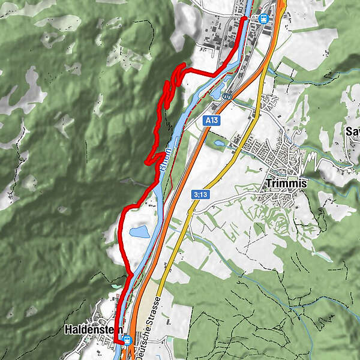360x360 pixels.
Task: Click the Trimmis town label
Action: click(284, 184)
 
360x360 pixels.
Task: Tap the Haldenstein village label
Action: click(94, 329)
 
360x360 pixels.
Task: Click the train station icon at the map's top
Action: click(263, 18)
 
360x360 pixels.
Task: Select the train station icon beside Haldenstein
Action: click(127, 340)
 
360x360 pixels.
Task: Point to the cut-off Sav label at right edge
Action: click(352, 131)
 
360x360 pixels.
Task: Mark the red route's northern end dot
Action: click(244, 19)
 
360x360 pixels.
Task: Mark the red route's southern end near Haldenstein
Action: click(116, 340)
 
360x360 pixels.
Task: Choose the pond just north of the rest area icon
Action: click(216, 94)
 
